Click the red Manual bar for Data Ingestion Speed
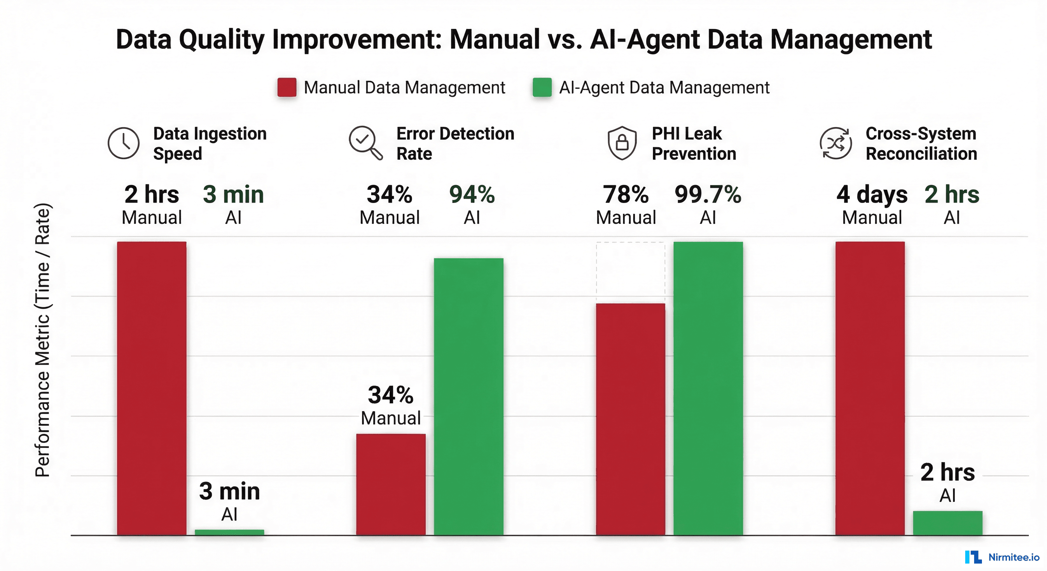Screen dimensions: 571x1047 click(x=152, y=388)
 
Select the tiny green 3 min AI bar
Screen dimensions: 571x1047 click(x=229, y=532)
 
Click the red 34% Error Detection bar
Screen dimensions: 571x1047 click(x=391, y=484)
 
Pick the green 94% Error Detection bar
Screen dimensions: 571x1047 click(x=468, y=396)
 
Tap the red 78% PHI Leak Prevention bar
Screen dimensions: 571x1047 click(x=631, y=419)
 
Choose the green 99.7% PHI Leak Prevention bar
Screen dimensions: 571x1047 click(x=708, y=388)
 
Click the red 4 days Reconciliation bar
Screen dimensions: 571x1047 click(x=870, y=388)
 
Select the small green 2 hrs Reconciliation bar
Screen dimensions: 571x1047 click(x=947, y=523)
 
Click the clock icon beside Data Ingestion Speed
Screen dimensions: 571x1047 click(x=123, y=143)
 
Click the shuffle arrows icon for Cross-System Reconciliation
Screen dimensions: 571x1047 click(x=836, y=143)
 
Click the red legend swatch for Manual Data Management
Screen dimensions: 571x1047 click(x=287, y=87)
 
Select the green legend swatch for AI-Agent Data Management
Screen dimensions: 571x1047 click(x=542, y=87)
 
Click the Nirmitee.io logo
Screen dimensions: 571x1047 click(x=1002, y=557)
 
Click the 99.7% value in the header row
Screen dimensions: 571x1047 click(x=708, y=194)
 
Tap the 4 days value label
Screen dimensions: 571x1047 click(x=872, y=194)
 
